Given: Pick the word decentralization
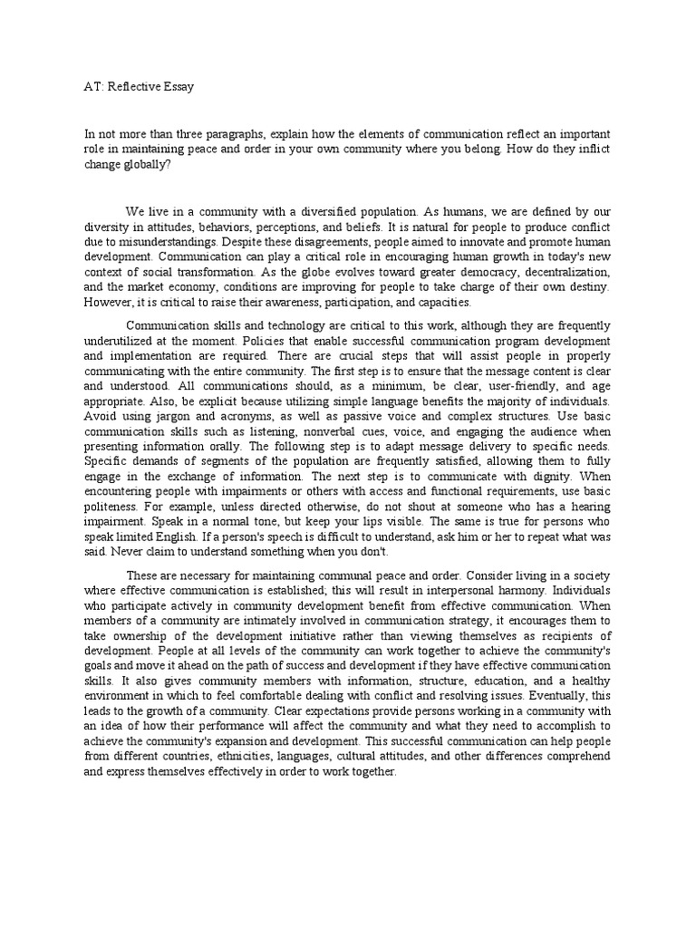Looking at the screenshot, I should pos(565,273).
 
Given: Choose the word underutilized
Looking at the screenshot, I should pos(121,338).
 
